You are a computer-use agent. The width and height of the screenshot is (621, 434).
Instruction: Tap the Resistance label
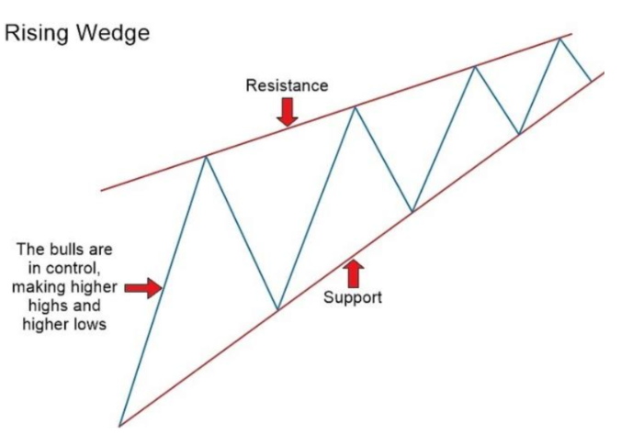click(287, 85)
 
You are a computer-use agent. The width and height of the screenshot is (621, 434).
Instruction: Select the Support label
click(353, 297)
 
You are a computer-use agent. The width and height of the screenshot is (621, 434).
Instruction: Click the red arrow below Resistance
click(288, 111)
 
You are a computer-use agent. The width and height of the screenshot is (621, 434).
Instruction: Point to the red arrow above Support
click(353, 273)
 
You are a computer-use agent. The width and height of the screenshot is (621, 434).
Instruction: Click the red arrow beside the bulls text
click(142, 288)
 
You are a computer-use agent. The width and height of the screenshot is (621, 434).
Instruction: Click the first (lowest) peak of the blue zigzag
click(206, 157)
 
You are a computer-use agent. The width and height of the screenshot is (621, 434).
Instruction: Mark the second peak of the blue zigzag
click(355, 107)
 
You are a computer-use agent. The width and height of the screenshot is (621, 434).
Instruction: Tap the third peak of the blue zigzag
click(474, 67)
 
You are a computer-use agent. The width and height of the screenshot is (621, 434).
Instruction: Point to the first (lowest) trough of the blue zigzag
click(277, 309)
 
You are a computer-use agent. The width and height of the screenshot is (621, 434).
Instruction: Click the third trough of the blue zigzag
click(519, 134)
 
